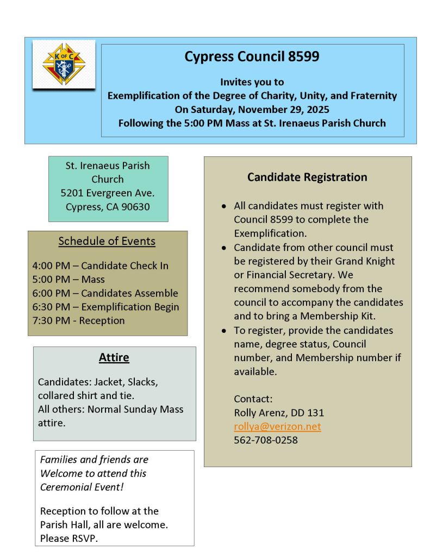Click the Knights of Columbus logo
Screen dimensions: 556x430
pos(64,65)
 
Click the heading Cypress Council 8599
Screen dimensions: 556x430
pos(252,56)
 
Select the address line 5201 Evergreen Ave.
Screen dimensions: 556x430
pos(108,193)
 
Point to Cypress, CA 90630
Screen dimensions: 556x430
pos(108,206)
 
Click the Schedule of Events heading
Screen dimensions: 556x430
pos(107,242)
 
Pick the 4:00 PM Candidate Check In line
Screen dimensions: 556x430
pos(101,266)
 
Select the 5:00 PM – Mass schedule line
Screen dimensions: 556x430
pos(68,280)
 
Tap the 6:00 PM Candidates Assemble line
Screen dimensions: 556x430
pos(105,293)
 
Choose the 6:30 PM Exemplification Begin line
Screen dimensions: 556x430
pos(106,307)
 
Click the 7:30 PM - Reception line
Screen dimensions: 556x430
pos(78,320)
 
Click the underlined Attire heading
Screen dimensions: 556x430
pos(114,358)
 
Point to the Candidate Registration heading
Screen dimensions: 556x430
pos(307,177)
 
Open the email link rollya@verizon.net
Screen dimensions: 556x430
pos(277,426)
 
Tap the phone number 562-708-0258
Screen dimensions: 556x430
pos(266,440)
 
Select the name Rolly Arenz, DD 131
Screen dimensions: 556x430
pos(279,413)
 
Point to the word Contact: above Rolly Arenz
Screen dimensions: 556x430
pos(253,399)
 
